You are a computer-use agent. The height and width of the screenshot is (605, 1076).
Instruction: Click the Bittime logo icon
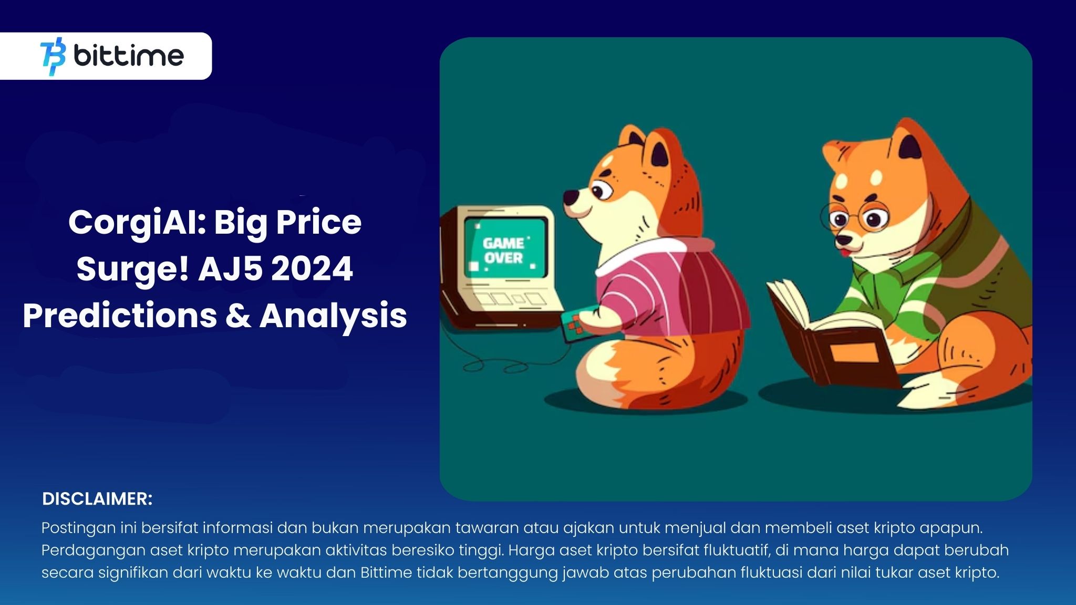click(53, 56)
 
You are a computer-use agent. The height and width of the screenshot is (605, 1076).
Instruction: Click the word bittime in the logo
click(129, 56)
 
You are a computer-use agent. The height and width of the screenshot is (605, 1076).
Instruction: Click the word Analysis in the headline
click(333, 316)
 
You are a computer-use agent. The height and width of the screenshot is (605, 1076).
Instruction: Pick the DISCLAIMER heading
click(97, 499)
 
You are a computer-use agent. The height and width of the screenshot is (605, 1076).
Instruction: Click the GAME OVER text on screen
click(503, 251)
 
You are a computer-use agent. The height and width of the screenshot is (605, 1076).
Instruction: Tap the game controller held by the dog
click(575, 324)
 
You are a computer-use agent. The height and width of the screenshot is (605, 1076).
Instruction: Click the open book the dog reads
click(820, 326)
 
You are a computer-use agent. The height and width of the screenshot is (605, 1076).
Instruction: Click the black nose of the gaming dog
click(570, 197)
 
